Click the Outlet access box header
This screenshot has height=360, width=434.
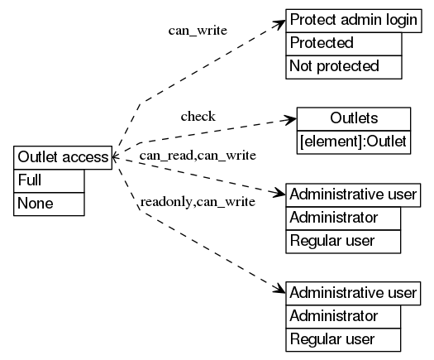pos(62,157)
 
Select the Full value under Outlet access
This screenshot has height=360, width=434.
pos(49,180)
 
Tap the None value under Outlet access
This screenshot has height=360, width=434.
pos(49,204)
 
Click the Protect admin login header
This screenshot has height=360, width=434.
pos(353,21)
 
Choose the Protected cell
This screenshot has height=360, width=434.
pos(343,43)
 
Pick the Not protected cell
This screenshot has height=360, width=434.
pos(343,66)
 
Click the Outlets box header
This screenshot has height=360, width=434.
pos(353,118)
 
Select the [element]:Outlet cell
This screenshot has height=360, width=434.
pos(353,142)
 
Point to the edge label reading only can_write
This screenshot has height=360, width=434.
pos(198,31)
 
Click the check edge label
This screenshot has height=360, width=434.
pos(198,116)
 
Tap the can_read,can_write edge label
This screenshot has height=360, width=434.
pos(197,155)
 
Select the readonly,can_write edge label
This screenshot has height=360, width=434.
pos(197,201)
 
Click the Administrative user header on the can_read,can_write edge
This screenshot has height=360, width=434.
pos(353,196)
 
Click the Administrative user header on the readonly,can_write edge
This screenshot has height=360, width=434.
pos(353,293)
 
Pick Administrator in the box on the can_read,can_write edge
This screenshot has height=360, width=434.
pos(343,218)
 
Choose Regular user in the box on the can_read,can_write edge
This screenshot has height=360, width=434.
pos(343,242)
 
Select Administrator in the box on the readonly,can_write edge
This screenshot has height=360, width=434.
pos(343,315)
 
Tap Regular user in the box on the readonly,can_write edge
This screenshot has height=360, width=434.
pos(343,338)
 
